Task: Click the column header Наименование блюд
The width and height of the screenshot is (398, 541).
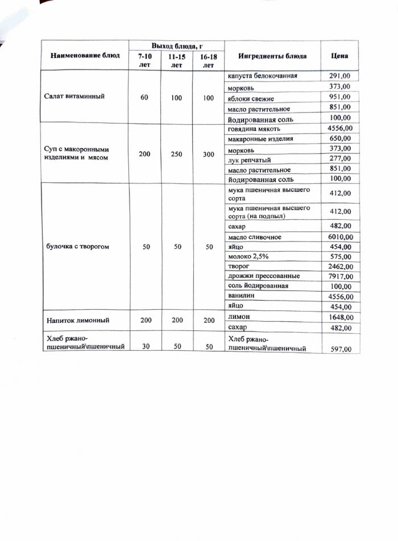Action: click(85, 56)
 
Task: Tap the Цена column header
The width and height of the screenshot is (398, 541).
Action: click(340, 56)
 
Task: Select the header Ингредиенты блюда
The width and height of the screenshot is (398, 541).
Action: click(272, 56)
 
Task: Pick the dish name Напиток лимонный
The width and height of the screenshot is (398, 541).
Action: click(73, 322)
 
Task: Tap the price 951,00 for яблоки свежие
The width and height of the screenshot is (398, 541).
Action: click(340, 97)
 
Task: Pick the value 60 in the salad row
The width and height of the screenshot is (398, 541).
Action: click(144, 97)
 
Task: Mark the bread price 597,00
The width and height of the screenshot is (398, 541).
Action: click(341, 348)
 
